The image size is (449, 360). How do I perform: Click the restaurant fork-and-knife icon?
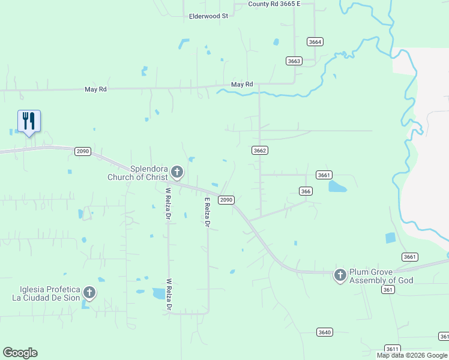(x=29, y=121)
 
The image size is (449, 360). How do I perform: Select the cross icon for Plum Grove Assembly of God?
(x=340, y=275)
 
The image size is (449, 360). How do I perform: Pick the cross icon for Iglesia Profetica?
(x=89, y=293)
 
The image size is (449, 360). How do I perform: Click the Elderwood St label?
(x=208, y=16)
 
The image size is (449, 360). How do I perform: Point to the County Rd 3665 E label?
(x=274, y=4)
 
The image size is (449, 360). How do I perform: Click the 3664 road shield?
(x=315, y=41)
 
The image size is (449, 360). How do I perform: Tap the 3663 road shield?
(x=294, y=61)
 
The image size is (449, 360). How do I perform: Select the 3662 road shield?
(x=259, y=151)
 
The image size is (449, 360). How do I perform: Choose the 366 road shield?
(x=306, y=190)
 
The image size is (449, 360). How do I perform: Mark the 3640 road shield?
(x=324, y=332)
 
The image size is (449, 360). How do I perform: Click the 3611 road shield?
(x=392, y=349)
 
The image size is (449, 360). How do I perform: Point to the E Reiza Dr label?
(x=207, y=212)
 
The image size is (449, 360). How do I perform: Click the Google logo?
(x=20, y=353)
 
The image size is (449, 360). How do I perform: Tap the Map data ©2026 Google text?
(x=412, y=355)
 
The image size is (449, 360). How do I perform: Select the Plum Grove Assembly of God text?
(x=381, y=276)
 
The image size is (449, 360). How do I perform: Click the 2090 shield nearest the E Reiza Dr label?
(x=226, y=200)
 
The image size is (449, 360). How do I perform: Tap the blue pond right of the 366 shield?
(x=337, y=187)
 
